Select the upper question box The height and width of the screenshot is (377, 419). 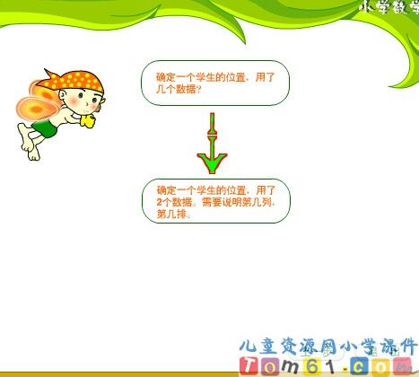click(x=215, y=83)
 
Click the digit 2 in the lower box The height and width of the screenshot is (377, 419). click(x=160, y=203)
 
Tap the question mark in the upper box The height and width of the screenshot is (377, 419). click(x=198, y=90)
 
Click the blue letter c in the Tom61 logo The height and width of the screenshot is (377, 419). click(x=373, y=365)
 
